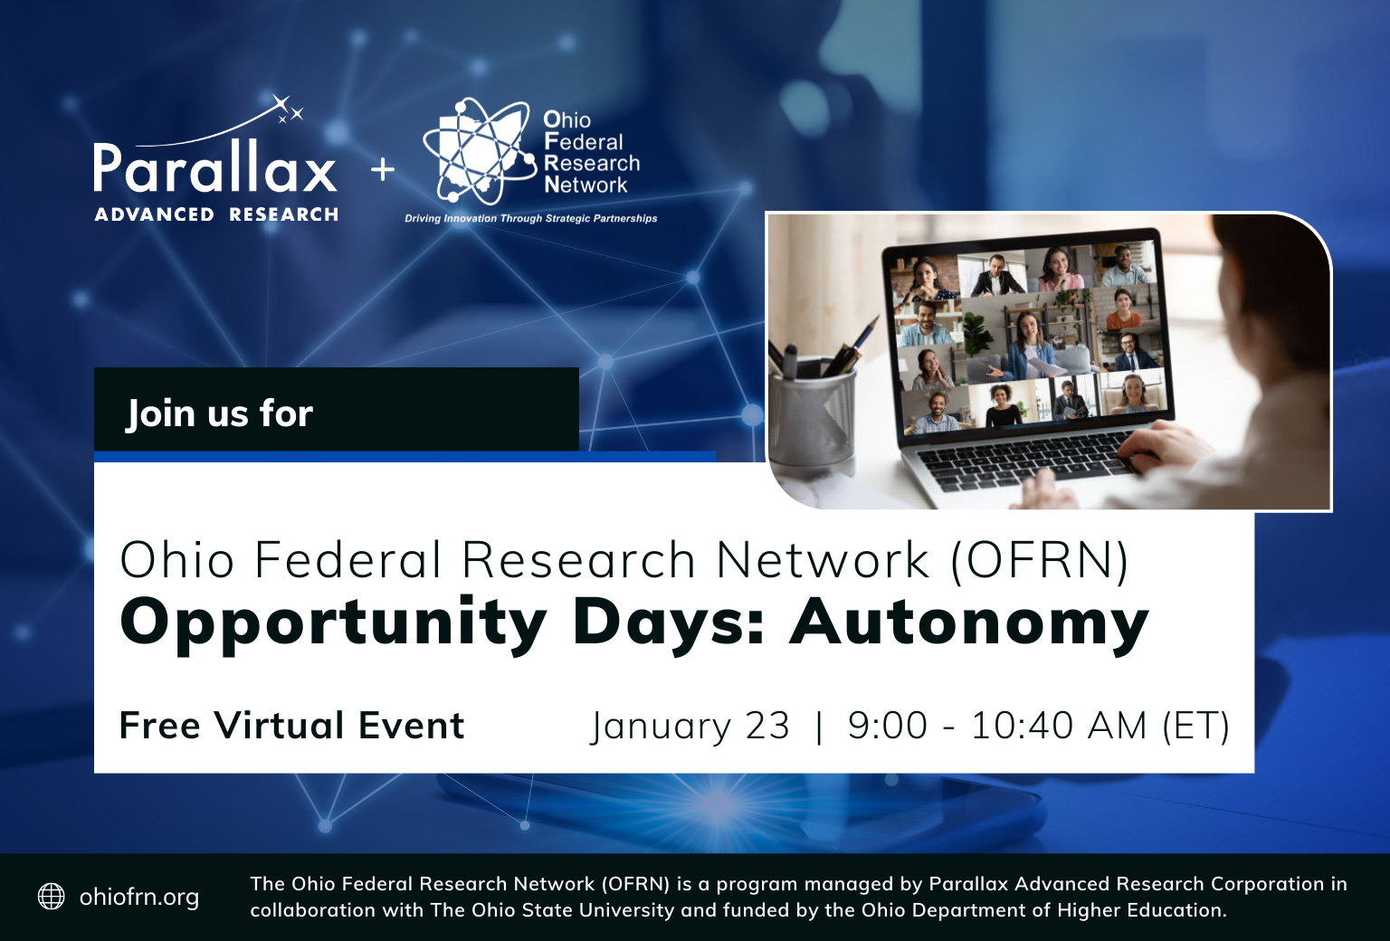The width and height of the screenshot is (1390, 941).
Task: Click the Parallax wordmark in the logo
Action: pyautogui.click(x=214, y=167)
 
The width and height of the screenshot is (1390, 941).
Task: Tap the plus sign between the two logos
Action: pyautogui.click(x=383, y=169)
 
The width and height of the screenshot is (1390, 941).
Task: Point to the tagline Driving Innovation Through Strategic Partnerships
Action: pyautogui.click(x=530, y=218)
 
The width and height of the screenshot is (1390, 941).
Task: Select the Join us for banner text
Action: pyautogui.click(x=219, y=413)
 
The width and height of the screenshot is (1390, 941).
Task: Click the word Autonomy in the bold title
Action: pyautogui.click(x=968, y=623)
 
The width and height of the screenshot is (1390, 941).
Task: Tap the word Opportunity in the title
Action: pyautogui.click(x=333, y=623)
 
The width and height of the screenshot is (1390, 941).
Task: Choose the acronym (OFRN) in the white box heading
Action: pyautogui.click(x=1039, y=560)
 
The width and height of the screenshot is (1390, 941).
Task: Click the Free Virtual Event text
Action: pyautogui.click(x=291, y=726)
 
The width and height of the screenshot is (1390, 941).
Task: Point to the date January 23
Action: pyautogui.click(x=690, y=726)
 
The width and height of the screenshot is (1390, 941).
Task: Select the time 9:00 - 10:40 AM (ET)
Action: pyautogui.click(x=1038, y=726)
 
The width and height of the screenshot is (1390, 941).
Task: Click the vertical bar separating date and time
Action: pyautogui.click(x=819, y=726)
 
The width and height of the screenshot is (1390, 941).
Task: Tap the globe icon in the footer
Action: pyautogui.click(x=52, y=896)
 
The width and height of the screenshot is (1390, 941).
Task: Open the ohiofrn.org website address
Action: pyautogui.click(x=139, y=897)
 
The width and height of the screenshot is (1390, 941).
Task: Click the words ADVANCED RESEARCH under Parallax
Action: pyautogui.click(x=216, y=214)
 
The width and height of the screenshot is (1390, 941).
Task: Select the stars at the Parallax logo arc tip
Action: pyautogui.click(x=288, y=109)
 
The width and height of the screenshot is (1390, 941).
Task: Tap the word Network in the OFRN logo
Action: pyautogui.click(x=586, y=185)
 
